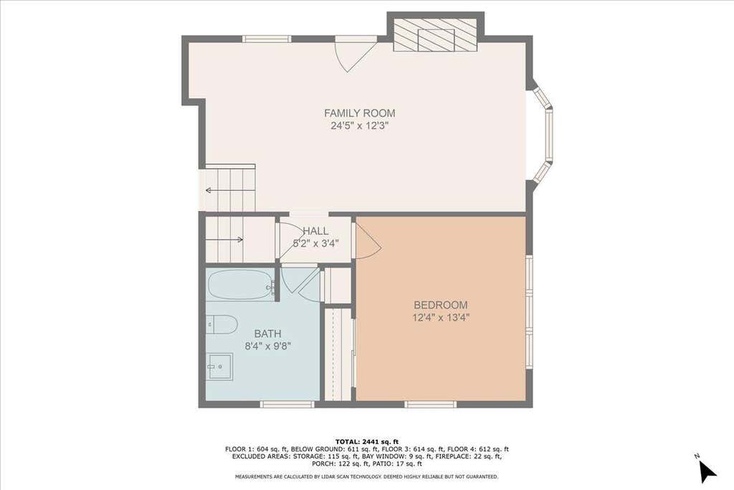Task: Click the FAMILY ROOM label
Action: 360,113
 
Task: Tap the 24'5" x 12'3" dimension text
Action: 360,126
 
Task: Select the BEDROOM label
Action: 441,305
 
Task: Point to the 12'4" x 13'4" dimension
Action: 441,318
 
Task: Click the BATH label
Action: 268,334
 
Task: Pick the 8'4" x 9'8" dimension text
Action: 268,347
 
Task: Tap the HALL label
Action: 315,231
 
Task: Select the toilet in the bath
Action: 222,325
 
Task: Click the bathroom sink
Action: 220,367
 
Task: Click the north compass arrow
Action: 707,471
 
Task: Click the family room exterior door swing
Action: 356,55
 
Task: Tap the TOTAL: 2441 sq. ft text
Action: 367,441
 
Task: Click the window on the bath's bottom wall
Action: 287,404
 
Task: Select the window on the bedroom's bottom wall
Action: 430,404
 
